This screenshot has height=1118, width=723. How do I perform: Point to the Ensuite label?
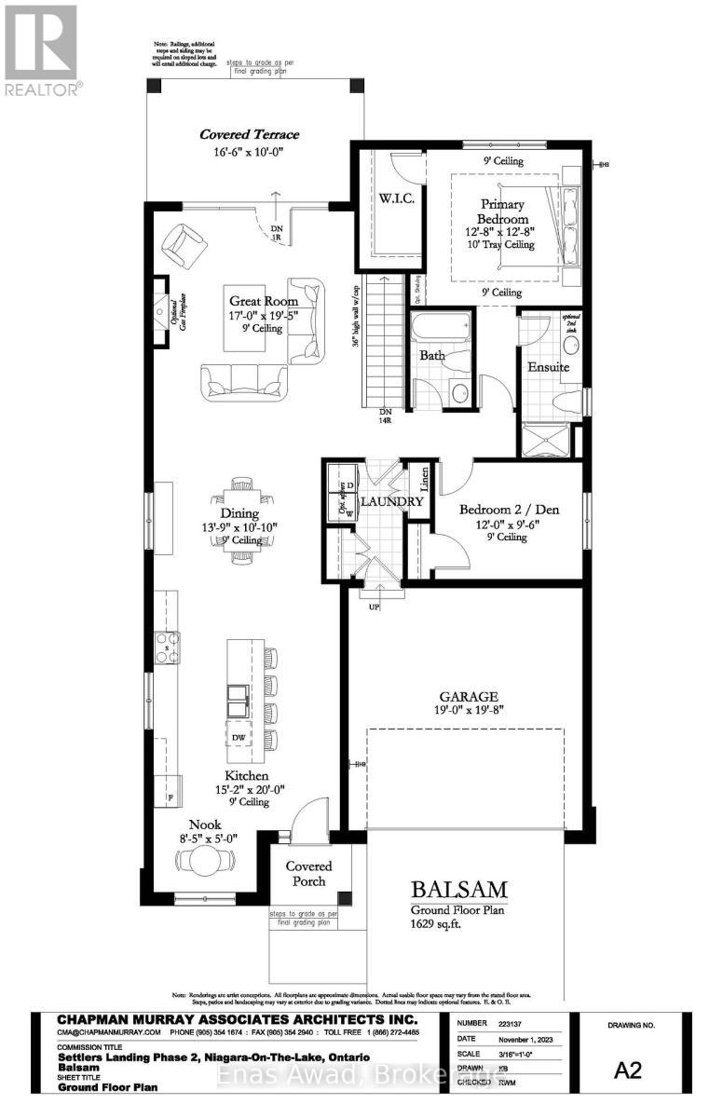coord(549,367)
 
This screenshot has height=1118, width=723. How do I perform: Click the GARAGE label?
coord(471,696)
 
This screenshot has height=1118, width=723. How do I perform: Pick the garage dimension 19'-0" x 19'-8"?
coord(471,712)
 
